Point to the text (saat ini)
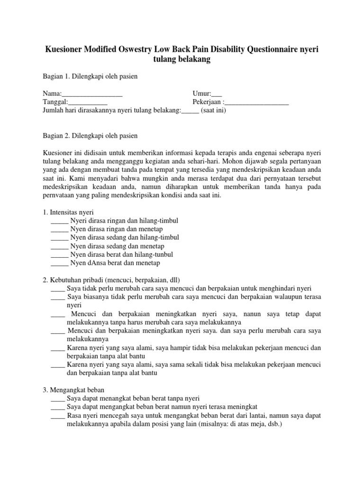(x=213, y=111)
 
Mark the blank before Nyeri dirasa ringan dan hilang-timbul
(x=59, y=222)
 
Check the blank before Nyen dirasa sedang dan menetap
(x=59, y=246)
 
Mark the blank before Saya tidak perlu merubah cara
(x=58, y=289)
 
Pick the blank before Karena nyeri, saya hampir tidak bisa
(x=58, y=348)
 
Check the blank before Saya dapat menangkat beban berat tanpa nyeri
(x=58, y=399)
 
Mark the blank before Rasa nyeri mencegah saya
(x=58, y=416)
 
